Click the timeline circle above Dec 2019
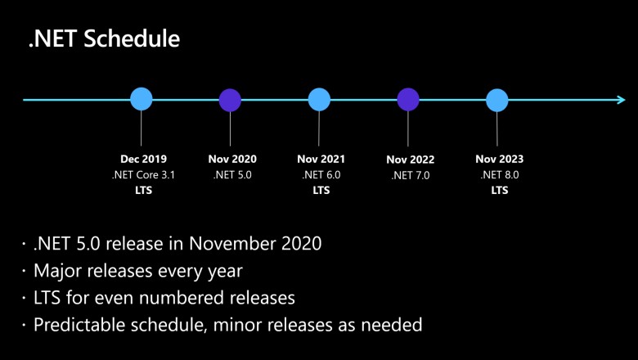[142, 100]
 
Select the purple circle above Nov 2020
[231, 100]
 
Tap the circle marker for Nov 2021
[319, 100]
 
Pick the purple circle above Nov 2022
[408, 100]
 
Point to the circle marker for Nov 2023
[497, 100]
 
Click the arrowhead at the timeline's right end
[621, 100]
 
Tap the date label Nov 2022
[410, 160]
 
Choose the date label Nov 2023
[499, 159]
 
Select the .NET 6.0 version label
[321, 174]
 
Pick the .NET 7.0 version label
[410, 175]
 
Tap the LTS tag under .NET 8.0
[499, 190]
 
